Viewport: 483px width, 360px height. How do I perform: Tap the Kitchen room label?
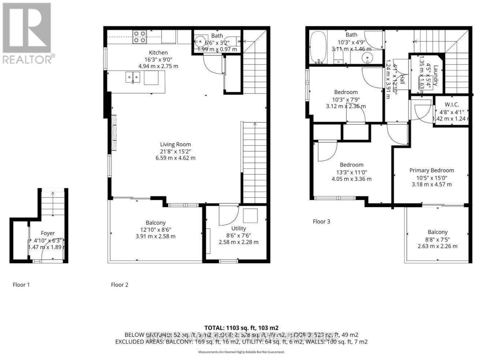(158, 53)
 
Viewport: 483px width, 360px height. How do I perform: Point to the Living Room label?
(175, 145)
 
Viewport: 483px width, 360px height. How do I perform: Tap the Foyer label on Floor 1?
(48, 233)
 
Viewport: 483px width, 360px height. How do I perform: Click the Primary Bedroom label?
(431, 170)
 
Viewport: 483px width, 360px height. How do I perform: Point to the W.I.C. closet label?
(452, 105)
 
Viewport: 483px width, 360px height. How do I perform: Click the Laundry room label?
(435, 75)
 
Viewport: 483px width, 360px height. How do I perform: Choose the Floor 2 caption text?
(120, 285)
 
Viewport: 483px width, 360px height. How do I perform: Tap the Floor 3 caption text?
(321, 221)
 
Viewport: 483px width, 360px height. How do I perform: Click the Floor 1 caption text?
(21, 285)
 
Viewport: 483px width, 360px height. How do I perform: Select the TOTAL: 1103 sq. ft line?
(241, 328)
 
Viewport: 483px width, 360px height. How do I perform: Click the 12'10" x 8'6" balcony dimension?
(156, 229)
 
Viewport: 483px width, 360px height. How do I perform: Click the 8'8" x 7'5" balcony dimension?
(437, 239)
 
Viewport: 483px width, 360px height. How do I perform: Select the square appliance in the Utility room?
(250, 215)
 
